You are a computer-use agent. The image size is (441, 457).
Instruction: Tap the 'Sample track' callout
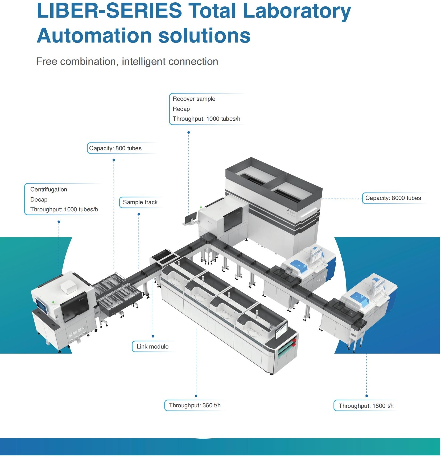[140, 202]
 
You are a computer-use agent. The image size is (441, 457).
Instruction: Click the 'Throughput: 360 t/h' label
[195, 405]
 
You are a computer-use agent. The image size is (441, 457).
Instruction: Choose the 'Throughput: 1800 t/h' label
[366, 406]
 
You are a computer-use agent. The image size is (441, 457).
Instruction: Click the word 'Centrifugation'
[49, 190]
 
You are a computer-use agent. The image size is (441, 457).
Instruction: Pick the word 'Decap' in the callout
[39, 200]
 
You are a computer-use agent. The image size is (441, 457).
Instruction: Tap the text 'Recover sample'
[194, 99]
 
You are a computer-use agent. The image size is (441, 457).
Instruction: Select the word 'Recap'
[181, 109]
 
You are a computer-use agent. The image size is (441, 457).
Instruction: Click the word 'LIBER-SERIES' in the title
[109, 11]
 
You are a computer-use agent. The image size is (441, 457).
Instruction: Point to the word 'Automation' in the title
[94, 35]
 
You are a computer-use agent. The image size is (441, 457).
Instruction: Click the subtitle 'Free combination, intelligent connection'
[127, 62]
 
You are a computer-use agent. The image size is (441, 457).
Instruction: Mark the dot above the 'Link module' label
[153, 336]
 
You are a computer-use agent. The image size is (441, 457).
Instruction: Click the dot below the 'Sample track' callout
[139, 214]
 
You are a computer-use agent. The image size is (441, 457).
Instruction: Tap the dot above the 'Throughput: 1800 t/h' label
[366, 396]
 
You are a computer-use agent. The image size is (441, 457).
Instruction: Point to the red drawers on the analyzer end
[294, 343]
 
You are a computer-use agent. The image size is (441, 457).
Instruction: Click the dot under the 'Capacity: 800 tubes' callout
[114, 160]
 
